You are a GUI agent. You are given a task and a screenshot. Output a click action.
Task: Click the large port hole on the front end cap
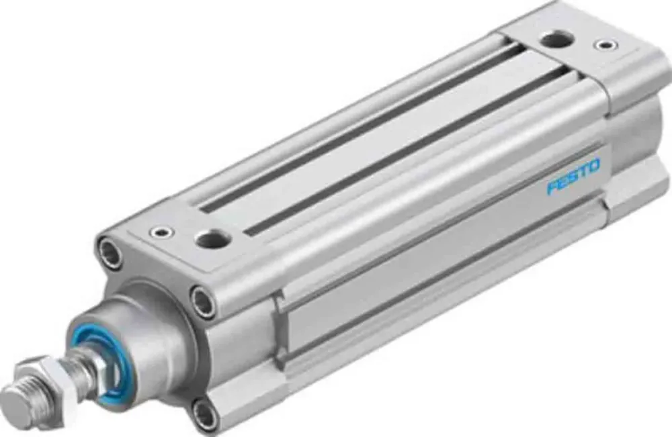click(211, 237)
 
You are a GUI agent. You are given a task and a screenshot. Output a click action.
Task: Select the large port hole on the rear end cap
click(557, 40)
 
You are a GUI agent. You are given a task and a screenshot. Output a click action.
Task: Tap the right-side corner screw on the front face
click(202, 299)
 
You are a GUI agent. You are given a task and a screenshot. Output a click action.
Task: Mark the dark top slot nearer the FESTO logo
click(403, 151)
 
